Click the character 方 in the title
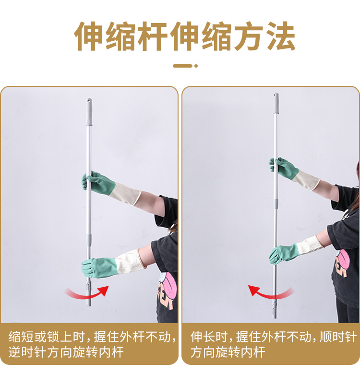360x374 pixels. click(248, 36)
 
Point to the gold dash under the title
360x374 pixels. click(182, 66)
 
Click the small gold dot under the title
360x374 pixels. click(196, 66)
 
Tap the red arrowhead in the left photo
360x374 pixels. click(104, 290)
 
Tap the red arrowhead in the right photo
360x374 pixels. click(254, 290)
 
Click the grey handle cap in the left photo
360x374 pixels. click(89, 112)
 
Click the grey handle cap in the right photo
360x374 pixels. click(276, 103)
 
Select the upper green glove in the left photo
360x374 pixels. click(98, 183)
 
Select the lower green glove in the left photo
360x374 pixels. click(98, 268)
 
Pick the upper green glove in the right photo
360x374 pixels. click(284, 168)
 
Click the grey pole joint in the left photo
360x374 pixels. click(89, 240)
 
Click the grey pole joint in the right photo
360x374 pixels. click(276, 203)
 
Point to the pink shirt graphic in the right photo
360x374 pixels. click(343, 263)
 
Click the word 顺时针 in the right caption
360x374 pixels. click(338, 337)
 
